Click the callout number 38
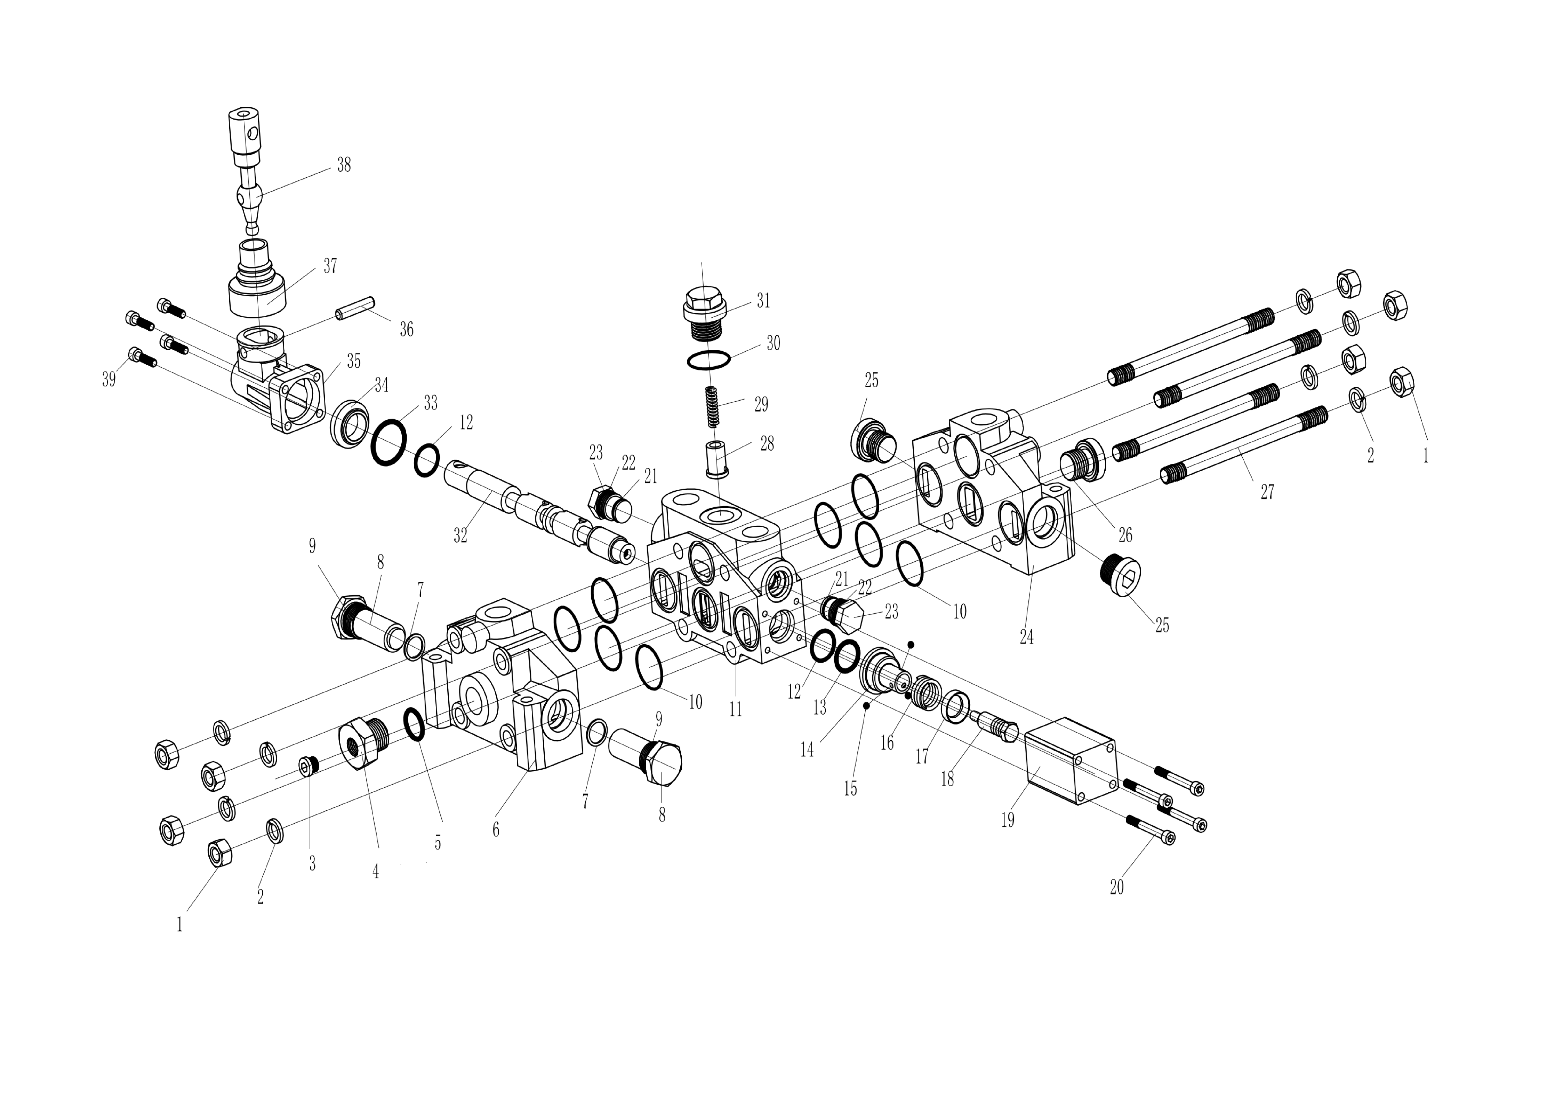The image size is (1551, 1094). coord(344,165)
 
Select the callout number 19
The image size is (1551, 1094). coord(1008,821)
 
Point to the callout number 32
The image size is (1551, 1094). coord(461,535)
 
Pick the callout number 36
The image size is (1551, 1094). coord(406,330)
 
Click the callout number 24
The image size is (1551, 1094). coord(1027,637)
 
